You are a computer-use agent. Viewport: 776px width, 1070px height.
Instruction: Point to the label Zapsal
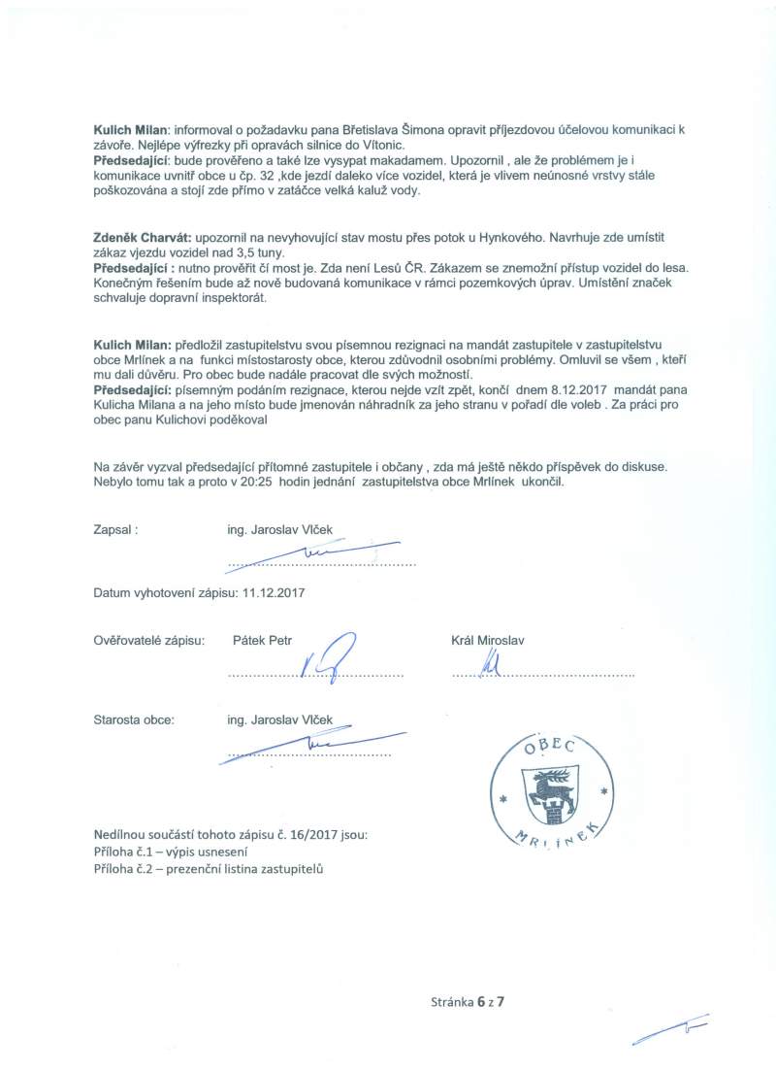click(116, 530)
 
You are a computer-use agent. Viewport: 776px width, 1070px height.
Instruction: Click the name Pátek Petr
click(263, 641)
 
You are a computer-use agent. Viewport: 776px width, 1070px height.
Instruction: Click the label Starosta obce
click(134, 720)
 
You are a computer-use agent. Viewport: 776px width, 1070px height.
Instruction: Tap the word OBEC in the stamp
click(551, 746)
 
